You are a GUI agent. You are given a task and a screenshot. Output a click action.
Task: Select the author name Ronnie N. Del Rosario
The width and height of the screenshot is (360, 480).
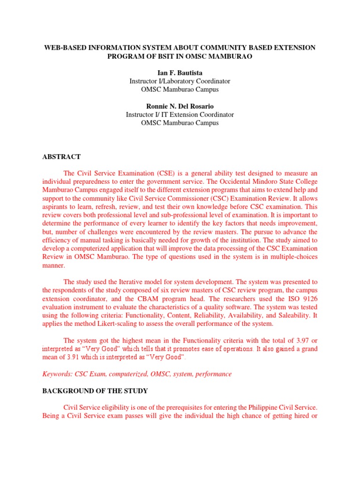[x=180, y=106]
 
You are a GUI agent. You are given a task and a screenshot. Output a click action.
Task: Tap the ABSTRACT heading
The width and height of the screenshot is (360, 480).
[x=61, y=157]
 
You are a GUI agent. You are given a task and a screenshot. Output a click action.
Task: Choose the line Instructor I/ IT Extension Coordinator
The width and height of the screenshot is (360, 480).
[x=180, y=114]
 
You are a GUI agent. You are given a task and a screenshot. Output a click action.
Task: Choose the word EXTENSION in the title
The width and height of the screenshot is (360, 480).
[x=293, y=48]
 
